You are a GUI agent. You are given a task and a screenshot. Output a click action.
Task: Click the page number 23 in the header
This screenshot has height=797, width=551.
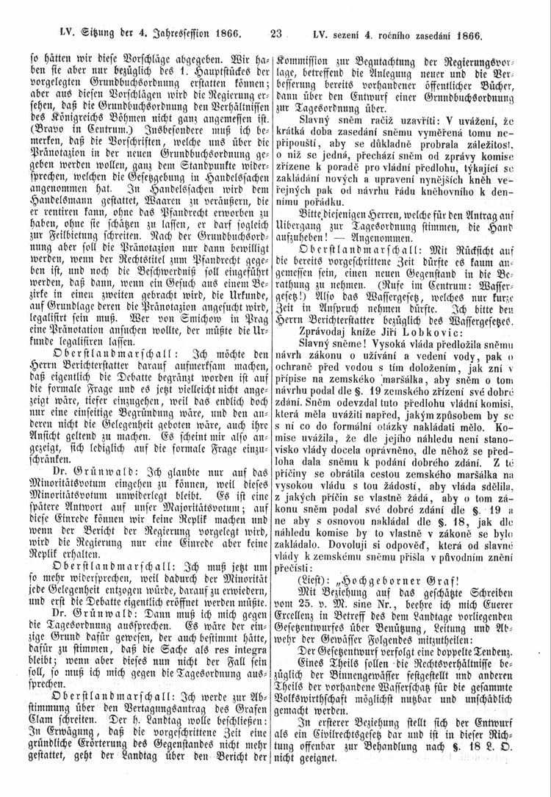click(x=276, y=33)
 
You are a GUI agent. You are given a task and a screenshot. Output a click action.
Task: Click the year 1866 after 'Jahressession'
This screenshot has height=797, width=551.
click(x=225, y=33)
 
